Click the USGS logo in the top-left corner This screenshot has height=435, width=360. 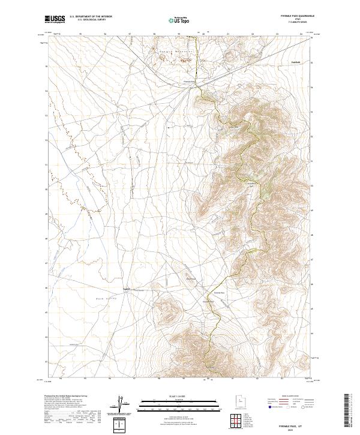[55, 19]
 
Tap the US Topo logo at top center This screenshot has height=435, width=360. [179, 20]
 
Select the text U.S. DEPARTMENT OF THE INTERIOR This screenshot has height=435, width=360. [91, 17]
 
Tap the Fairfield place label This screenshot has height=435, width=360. [295, 62]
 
